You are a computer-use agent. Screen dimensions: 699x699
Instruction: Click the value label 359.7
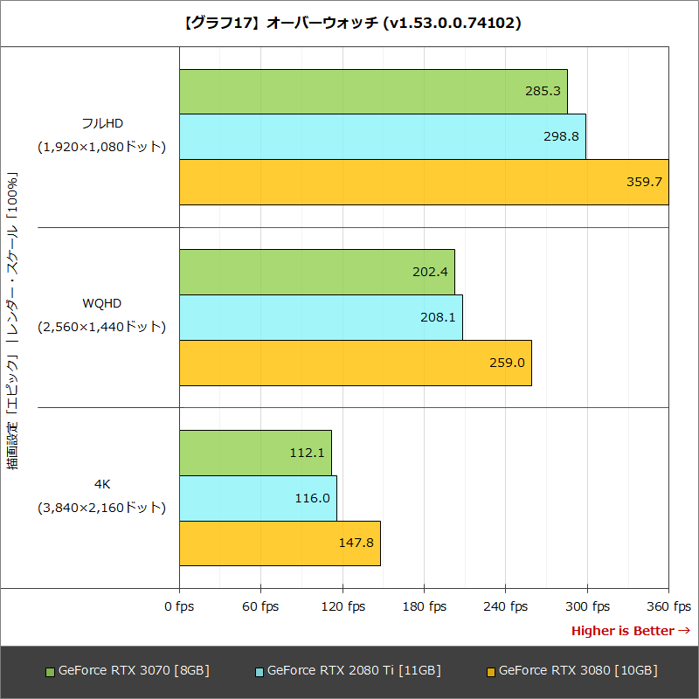point(645,183)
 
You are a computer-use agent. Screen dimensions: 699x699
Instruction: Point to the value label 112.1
point(308,453)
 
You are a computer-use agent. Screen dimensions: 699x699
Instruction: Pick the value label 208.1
point(438,317)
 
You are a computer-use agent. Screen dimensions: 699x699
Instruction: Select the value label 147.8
point(356,543)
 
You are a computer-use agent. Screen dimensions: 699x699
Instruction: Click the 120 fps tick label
point(343,606)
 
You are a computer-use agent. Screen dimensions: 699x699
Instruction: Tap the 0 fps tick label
point(179,606)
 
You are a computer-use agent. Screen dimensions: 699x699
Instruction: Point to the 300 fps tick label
point(587,606)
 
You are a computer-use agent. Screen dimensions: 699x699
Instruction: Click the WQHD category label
point(102,303)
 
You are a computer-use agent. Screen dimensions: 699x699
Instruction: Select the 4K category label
point(102,483)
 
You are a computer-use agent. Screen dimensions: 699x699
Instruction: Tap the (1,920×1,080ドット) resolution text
point(101,147)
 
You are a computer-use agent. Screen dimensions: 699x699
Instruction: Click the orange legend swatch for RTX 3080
point(490,672)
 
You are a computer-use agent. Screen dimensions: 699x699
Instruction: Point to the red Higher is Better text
point(623,631)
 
